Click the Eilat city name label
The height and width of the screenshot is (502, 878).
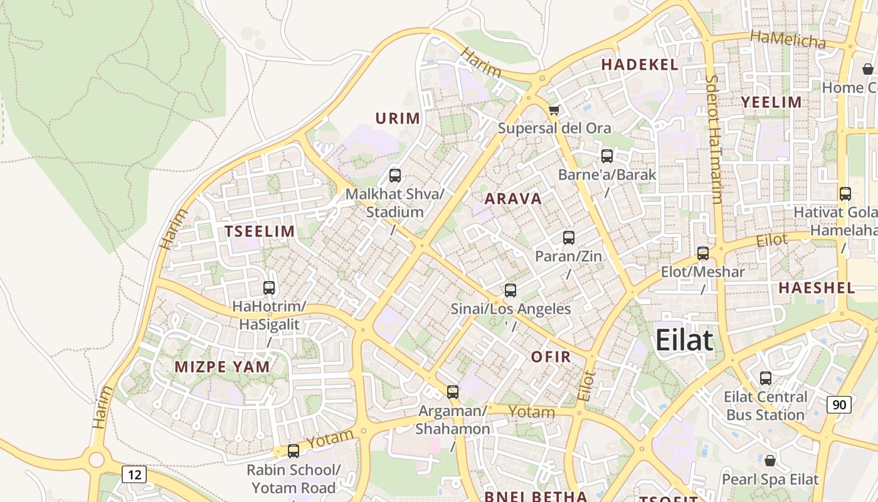684,341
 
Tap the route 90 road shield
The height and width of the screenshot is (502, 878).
839,405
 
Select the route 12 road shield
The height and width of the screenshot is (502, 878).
134,474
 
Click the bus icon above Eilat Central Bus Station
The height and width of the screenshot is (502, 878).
766,378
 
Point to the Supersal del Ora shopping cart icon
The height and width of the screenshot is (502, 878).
554,110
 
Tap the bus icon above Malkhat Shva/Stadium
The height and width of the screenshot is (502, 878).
395,176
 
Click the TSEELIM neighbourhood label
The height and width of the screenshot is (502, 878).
260,231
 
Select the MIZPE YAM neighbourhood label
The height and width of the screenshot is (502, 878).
223,367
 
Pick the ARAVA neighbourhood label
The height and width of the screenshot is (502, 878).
513,199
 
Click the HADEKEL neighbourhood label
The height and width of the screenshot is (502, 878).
640,65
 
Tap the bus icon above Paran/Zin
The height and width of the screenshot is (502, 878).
569,238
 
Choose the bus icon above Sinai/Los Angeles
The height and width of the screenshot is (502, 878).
510,291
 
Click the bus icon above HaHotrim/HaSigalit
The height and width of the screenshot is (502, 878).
269,288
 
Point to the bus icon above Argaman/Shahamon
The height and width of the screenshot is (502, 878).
453,392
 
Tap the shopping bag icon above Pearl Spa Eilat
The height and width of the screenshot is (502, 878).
770,461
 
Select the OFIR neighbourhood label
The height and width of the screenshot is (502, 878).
551,357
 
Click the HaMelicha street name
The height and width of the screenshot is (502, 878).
788,40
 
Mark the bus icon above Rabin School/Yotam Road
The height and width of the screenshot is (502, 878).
294,451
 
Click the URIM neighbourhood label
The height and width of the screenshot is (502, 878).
398,118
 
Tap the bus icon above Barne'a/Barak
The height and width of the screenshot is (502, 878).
607,156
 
